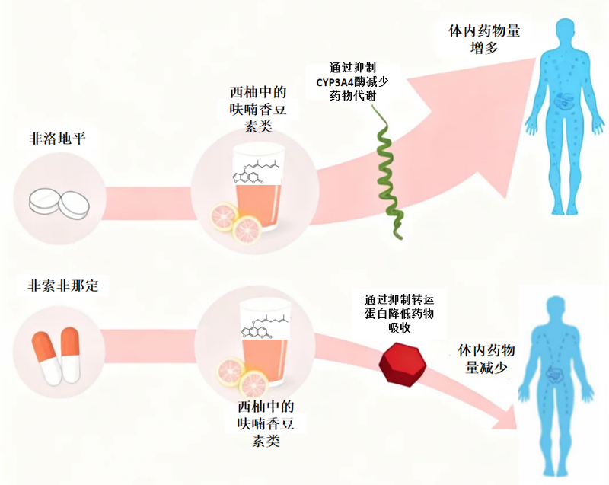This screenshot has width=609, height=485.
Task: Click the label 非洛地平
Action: coord(57,139)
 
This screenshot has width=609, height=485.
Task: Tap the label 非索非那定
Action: coord(62,286)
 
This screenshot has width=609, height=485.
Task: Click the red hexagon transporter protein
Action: coord(403,364)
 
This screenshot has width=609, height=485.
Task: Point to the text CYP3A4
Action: coord(335,82)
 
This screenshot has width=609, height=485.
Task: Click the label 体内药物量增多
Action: coord(484,40)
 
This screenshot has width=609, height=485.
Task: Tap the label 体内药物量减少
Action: coord(486,359)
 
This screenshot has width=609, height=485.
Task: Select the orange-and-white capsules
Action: coord(56,356)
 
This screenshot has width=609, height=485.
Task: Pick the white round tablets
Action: coord(59,203)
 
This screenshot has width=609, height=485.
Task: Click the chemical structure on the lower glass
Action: coord(265,325)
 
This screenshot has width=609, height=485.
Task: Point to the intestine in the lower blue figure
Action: coord(556,374)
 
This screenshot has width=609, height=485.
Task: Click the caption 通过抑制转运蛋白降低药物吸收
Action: coord(399,314)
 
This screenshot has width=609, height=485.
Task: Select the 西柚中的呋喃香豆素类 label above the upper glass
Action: coord(258,109)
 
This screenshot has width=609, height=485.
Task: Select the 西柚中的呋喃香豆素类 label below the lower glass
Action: coord(266,423)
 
